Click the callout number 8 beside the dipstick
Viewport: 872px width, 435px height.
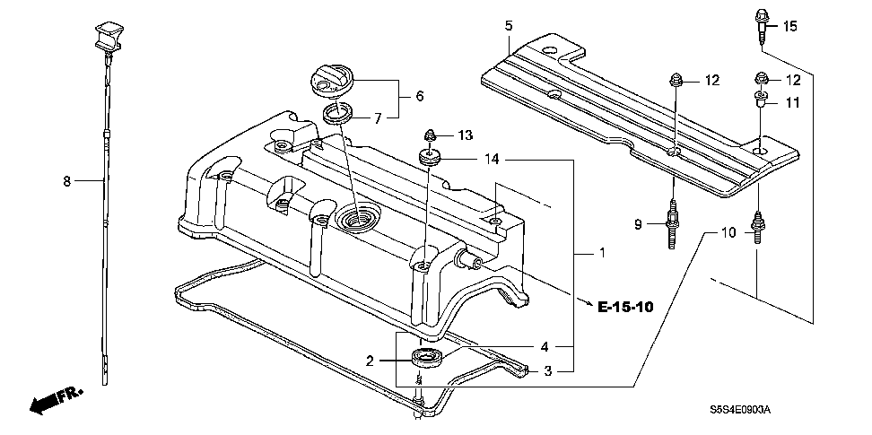pyautogui.click(x=66, y=180)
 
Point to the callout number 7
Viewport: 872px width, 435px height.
pyautogui.click(x=378, y=117)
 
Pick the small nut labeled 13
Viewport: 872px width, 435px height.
pyautogui.click(x=430, y=135)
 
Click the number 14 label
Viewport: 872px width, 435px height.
pyautogui.click(x=490, y=161)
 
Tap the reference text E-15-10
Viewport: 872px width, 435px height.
pyautogui.click(x=625, y=308)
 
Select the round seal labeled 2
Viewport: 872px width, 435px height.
pyautogui.click(x=425, y=361)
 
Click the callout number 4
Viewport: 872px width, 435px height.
pyautogui.click(x=544, y=347)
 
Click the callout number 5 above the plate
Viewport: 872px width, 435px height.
pyautogui.click(x=508, y=26)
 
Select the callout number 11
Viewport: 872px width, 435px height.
pyautogui.click(x=792, y=103)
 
